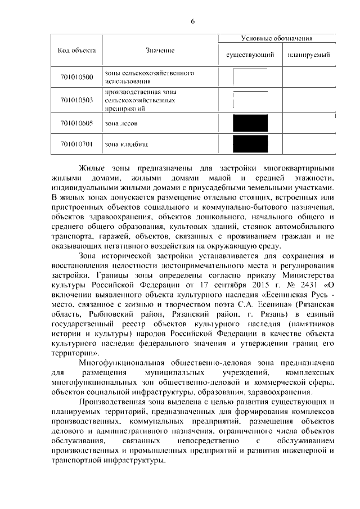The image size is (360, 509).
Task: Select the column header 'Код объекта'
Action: tap(76, 50)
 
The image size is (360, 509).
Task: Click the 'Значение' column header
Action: tap(160, 51)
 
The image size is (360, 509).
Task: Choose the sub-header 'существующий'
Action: tap(250, 56)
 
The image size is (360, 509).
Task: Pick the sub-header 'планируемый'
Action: tap(308, 56)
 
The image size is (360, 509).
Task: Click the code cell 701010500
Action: tap(76, 77)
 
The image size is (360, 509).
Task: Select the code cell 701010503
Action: tap(76, 100)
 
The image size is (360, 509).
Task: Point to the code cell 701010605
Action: tap(76, 122)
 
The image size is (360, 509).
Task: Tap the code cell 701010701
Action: tap(76, 144)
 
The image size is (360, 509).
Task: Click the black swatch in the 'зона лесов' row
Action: tap(250, 123)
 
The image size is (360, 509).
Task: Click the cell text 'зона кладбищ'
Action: tap(127, 145)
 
